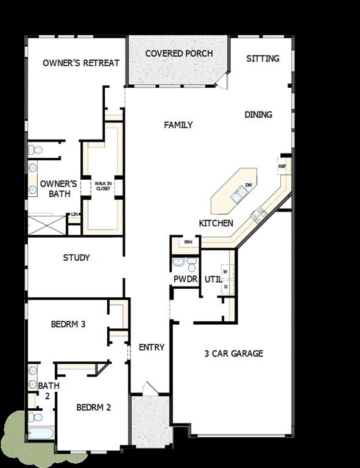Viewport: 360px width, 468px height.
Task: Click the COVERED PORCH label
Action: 179,54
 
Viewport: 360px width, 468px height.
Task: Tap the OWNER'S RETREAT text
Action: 81,63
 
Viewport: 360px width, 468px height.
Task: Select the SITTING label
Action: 263,58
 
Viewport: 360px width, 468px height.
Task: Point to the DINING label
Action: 258,115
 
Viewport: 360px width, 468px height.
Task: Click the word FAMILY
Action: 178,125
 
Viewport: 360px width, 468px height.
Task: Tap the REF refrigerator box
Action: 282,166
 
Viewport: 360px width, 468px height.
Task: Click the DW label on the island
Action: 249,185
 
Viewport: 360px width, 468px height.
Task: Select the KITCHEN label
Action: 216,224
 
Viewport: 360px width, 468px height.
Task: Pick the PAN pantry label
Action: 189,242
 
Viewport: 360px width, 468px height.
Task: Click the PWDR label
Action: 186,279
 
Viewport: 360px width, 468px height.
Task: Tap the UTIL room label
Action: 213,279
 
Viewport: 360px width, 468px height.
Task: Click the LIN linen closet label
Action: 74,214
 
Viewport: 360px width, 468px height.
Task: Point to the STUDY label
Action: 77,258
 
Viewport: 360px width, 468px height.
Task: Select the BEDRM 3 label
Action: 68,324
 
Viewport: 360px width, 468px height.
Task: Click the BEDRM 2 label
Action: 93,407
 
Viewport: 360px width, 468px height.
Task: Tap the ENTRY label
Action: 152,347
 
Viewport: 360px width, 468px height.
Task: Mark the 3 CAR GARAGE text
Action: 233,353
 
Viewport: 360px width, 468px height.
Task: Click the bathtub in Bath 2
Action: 41,434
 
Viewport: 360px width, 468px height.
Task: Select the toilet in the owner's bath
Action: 35,149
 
